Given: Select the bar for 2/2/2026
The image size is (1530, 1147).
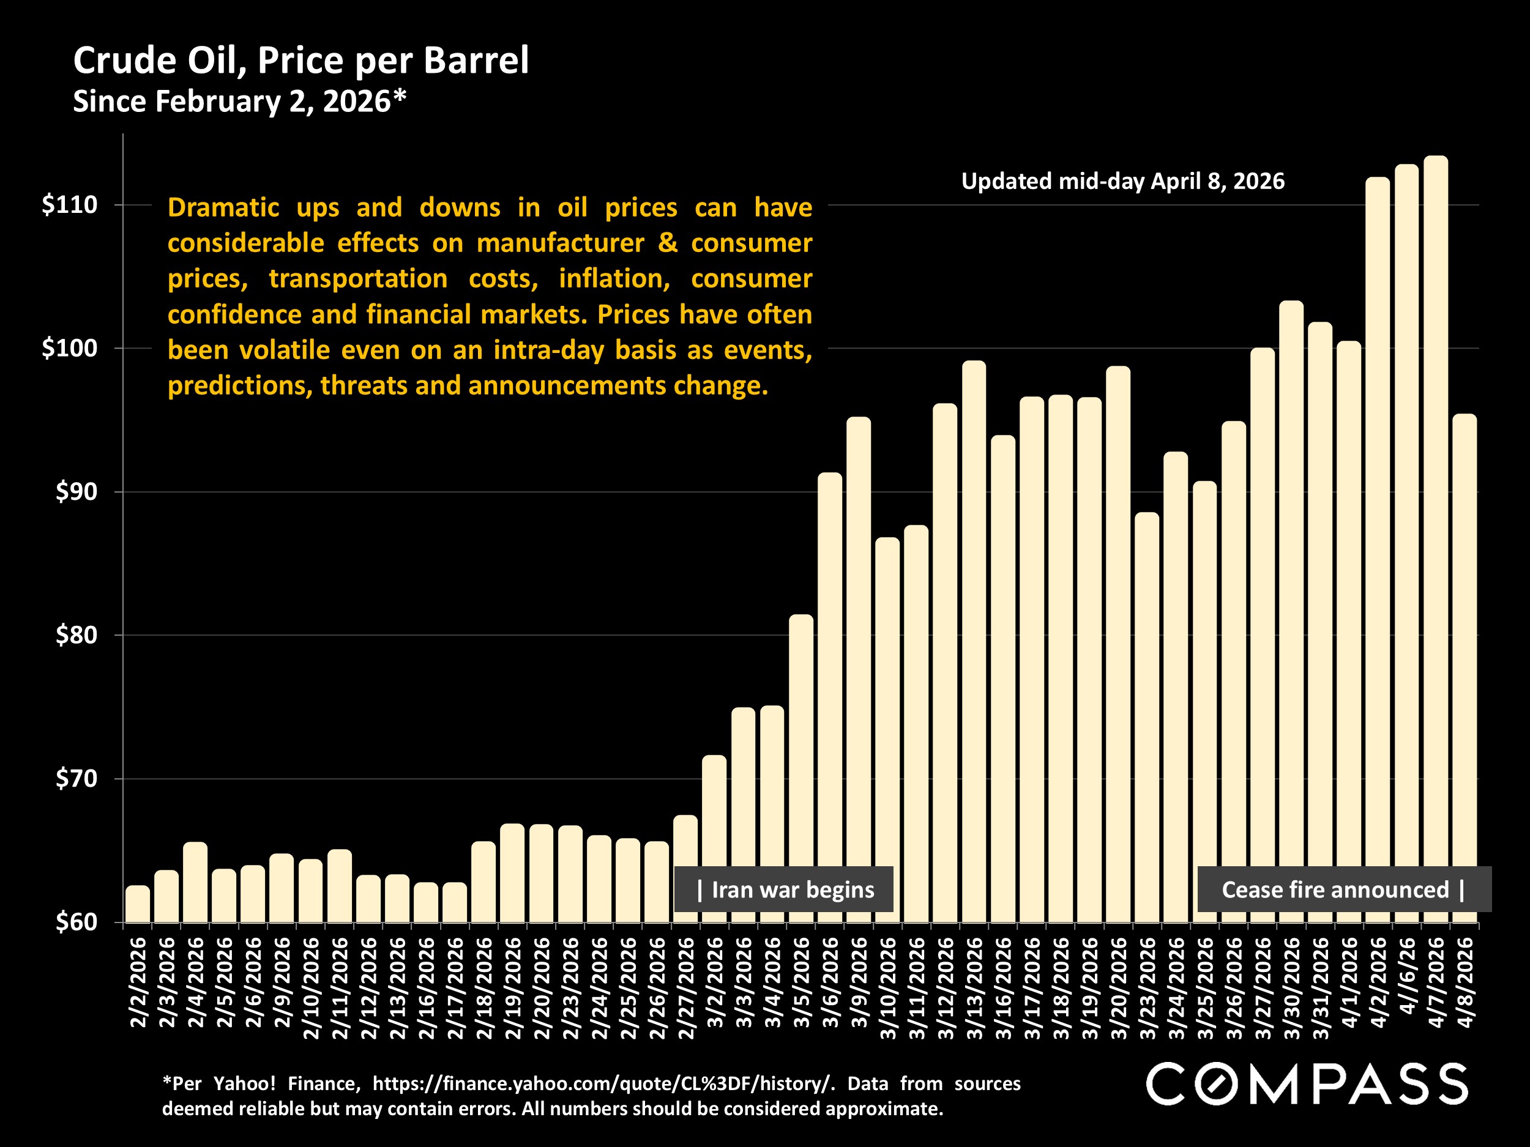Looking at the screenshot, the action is (x=138, y=904).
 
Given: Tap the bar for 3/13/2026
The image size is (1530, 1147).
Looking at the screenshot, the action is (x=974, y=641).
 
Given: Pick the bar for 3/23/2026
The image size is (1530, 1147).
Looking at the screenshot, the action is (x=1147, y=717).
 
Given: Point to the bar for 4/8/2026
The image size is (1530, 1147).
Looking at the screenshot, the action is (x=1465, y=668).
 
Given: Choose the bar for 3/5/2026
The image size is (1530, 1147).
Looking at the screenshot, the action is (x=801, y=768).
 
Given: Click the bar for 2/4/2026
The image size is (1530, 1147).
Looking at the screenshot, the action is (x=195, y=882).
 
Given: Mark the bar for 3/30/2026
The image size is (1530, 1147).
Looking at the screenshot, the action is (x=1291, y=611).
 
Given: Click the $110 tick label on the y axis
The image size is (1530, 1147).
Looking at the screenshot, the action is (x=69, y=205).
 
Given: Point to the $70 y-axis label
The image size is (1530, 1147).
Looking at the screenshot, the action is (x=76, y=779).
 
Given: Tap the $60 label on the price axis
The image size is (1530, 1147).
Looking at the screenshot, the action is (x=76, y=922).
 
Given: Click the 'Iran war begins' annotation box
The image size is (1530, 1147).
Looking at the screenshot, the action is (x=784, y=889).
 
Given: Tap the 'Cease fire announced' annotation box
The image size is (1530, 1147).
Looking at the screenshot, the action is (x=1345, y=889).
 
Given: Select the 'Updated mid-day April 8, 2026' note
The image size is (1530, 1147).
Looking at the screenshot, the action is (x=1122, y=181).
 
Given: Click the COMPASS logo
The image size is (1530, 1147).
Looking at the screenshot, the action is (x=1307, y=1084).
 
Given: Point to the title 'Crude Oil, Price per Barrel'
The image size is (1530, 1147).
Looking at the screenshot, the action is (x=301, y=60).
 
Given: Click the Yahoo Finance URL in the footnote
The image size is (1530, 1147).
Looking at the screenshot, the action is (x=600, y=1083).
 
